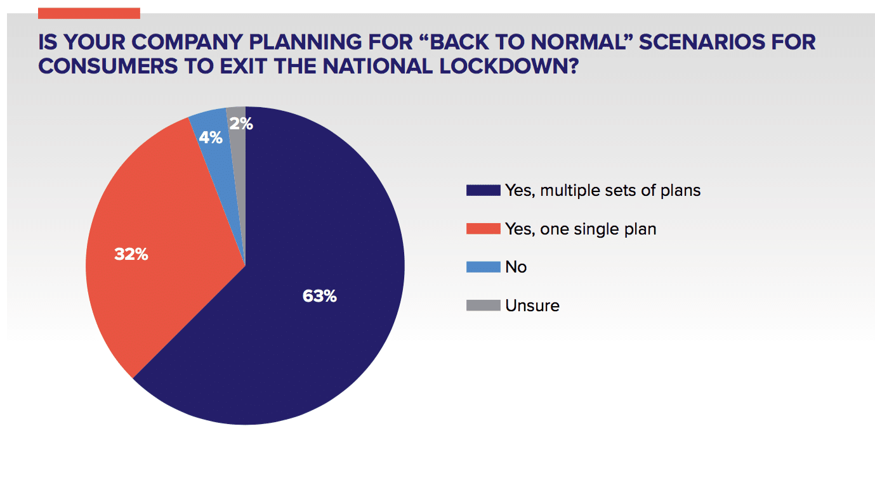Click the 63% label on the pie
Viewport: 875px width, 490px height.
coord(320,296)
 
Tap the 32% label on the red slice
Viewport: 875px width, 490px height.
coord(131,254)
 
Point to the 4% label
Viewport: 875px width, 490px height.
coord(211,138)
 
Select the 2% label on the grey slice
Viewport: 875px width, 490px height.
coord(241,124)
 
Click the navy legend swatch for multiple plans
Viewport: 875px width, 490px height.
coord(484,190)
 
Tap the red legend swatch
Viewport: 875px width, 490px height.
coord(484,229)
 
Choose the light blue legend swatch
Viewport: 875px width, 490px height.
coord(484,267)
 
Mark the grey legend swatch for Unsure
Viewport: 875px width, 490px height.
coord(484,306)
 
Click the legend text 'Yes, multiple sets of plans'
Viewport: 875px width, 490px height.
coord(603,191)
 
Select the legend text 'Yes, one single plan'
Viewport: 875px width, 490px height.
coord(581,229)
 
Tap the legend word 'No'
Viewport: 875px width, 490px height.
coord(516,268)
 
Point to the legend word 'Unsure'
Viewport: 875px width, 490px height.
coord(532,306)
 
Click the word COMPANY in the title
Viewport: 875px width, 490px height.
coord(187,42)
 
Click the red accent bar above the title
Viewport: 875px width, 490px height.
coord(89,13)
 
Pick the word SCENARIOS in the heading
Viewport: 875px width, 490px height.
coord(702,42)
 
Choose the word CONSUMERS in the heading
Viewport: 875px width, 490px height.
coord(108,67)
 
